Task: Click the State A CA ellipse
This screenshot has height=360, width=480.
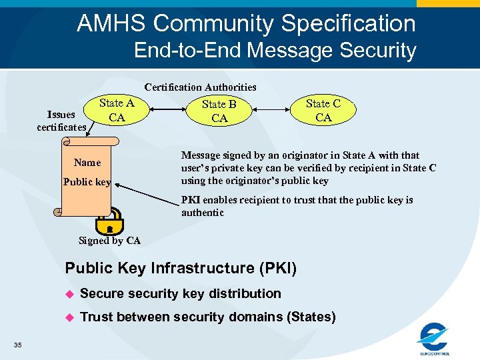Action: tap(117, 111)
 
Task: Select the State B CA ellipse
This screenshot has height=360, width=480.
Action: tap(219, 111)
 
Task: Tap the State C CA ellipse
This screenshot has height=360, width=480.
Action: tap(323, 111)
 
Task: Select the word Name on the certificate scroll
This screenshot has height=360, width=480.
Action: tap(87, 163)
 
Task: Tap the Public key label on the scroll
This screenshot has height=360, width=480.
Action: tap(87, 182)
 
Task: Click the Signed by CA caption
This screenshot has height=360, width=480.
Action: tap(109, 241)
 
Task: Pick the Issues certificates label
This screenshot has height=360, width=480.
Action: tap(61, 121)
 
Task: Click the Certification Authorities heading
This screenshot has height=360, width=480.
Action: tap(200, 87)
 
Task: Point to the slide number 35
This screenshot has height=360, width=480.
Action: tap(17, 345)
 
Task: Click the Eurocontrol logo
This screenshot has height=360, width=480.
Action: tap(434, 339)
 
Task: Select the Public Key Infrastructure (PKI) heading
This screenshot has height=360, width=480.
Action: tap(181, 269)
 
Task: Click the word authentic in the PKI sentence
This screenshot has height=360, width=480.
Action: tap(203, 213)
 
